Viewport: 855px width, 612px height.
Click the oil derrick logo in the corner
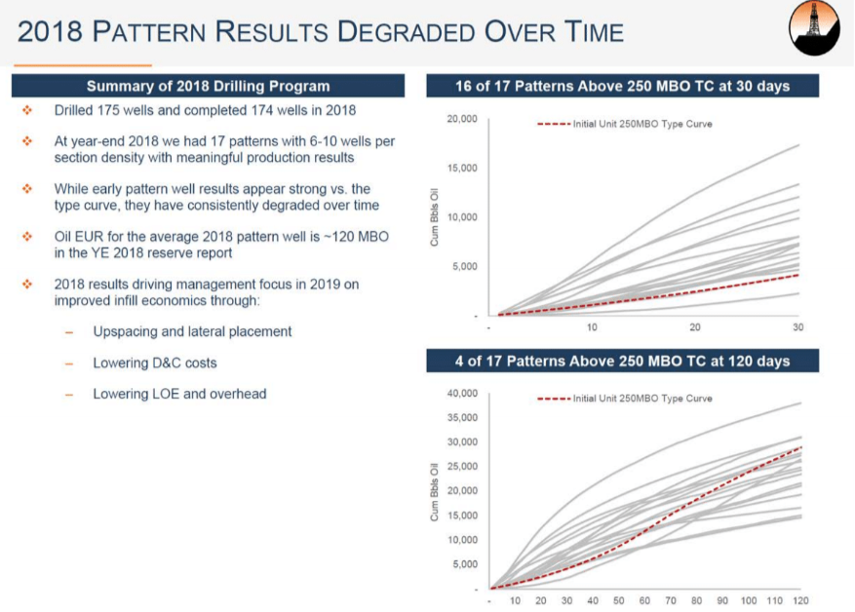point(814,28)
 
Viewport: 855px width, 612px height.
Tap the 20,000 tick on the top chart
point(461,119)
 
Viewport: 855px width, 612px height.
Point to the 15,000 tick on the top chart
point(461,169)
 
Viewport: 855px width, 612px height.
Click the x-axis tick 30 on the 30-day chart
point(798,327)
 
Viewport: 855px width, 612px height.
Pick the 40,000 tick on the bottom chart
point(461,394)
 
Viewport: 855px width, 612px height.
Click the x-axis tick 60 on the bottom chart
point(645,600)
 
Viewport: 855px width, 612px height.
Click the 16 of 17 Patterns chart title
point(622,87)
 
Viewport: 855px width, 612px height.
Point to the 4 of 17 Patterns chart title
point(622,362)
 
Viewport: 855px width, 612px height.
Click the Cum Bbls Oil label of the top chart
point(435,217)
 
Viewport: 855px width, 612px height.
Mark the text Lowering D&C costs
point(155,363)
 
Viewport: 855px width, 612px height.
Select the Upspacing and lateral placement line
point(192,331)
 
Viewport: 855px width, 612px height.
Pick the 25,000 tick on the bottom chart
point(461,467)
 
